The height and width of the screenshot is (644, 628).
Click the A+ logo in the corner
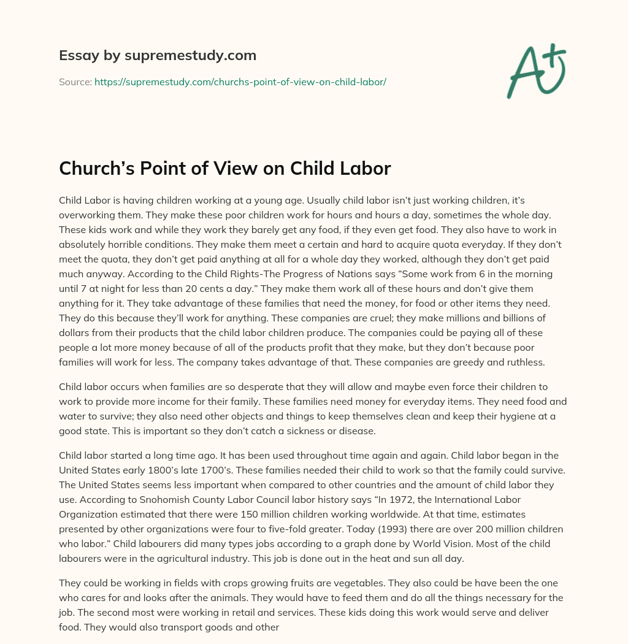tap(536, 71)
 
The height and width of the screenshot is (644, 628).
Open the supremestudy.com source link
tap(240, 82)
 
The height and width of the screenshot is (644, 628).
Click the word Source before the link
tap(75, 82)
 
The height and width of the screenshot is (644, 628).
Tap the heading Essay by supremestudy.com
tap(158, 56)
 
